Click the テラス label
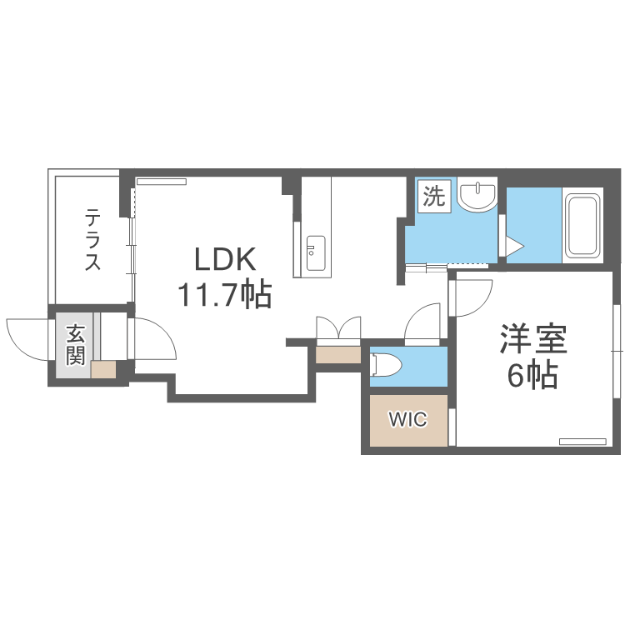(x=92, y=240)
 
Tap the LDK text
(x=224, y=260)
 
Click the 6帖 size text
(x=532, y=377)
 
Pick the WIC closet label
(x=408, y=420)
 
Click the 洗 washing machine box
(x=434, y=197)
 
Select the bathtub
(x=582, y=227)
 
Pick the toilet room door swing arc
(x=422, y=323)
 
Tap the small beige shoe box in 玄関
(x=103, y=370)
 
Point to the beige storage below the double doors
(x=338, y=354)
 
